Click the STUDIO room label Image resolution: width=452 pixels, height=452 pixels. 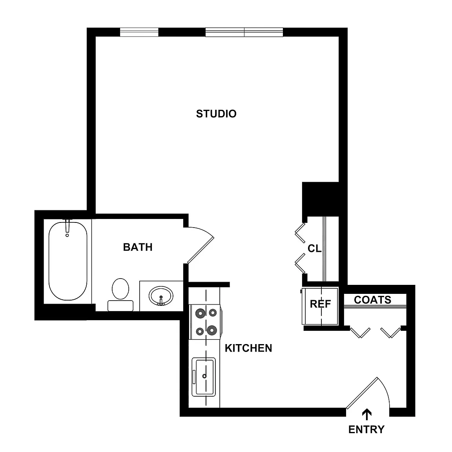tap(216, 114)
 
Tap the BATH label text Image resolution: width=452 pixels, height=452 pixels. tap(138, 247)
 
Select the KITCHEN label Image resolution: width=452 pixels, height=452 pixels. tap(248, 348)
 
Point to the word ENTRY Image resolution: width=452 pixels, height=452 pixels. tap(366, 430)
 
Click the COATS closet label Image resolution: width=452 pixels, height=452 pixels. tap(372, 300)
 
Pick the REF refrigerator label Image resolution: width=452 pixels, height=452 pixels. tap(320, 304)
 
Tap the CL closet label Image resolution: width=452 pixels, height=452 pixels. tap(315, 248)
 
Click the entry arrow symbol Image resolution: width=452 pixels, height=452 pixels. tap(367, 414)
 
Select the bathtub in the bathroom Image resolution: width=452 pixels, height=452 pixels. tap(68, 261)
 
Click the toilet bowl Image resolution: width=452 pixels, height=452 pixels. tap(120, 289)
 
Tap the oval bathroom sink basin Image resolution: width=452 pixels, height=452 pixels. tap(161, 296)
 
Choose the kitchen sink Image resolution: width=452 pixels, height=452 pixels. tap(204, 377)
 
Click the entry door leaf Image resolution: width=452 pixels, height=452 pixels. tap(362, 393)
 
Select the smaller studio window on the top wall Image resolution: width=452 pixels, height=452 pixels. tap(139, 32)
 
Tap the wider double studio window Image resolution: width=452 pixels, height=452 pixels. tap(244, 32)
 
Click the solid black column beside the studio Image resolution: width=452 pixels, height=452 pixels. tap(320, 199)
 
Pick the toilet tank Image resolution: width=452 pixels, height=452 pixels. tap(120, 306)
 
